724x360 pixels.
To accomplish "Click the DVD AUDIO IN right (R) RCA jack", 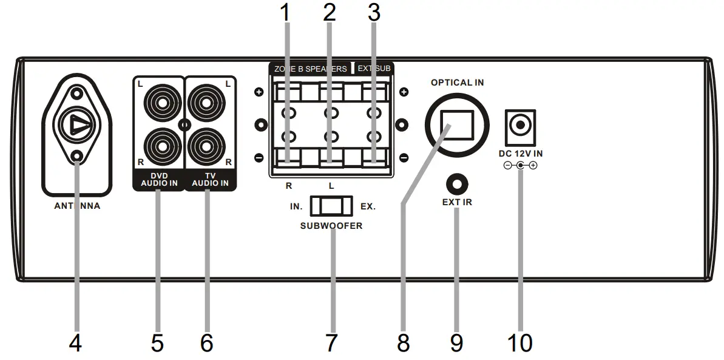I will (160, 146).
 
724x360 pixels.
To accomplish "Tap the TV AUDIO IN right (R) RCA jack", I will (207, 146).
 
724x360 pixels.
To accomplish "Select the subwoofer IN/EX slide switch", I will (331, 206).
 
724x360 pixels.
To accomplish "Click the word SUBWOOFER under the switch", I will (331, 225).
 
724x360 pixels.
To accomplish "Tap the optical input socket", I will (457, 124).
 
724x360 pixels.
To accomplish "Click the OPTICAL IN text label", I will (457, 83).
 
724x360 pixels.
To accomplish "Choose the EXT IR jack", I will (457, 183).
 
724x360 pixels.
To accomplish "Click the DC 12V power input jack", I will (520, 126).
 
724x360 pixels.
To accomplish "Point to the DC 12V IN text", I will (520, 154).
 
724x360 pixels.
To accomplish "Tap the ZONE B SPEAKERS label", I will (311, 69).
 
